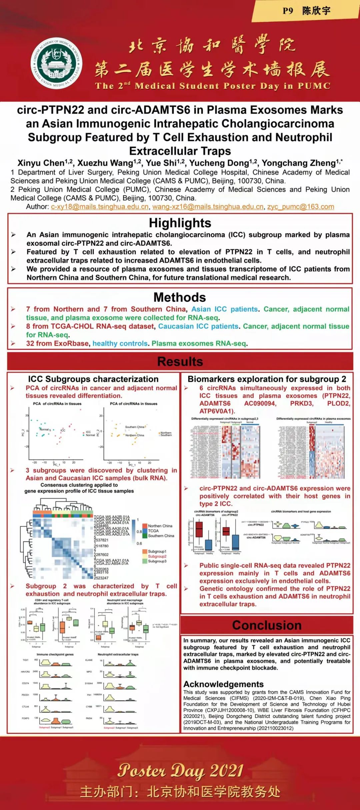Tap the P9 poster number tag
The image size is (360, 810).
tap(288, 11)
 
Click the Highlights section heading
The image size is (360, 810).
tap(180, 223)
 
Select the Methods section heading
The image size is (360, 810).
tap(180, 297)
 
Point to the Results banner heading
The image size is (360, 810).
tap(180, 362)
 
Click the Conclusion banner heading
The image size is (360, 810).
tap(267, 625)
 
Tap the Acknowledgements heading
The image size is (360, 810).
tap(223, 684)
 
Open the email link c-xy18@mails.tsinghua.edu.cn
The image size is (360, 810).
tap(100, 207)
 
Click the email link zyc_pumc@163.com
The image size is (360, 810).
tap(300, 207)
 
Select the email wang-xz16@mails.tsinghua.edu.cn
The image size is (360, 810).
tap(208, 207)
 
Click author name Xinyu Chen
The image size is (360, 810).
tap(41, 163)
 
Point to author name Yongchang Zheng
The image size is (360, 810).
tap(298, 163)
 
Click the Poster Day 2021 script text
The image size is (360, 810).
tap(180, 770)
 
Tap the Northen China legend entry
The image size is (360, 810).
tap(160, 526)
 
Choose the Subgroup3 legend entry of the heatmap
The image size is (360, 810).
tap(157, 561)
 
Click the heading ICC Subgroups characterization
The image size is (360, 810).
tap(93, 379)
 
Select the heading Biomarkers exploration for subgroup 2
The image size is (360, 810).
tap(267, 379)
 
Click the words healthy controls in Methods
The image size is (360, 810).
tap(120, 343)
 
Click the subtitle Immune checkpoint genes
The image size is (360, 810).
tap(55, 654)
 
